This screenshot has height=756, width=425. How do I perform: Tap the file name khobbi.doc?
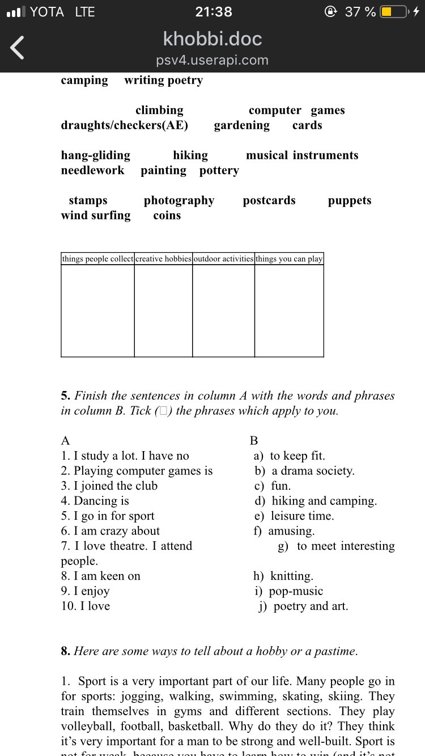[x=212, y=39]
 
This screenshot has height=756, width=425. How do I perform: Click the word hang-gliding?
[x=95, y=155]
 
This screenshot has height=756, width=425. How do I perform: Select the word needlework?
[x=92, y=170]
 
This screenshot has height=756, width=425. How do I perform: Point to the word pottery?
[x=219, y=170]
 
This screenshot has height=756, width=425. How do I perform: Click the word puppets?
[x=350, y=200]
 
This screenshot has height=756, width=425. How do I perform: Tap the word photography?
[x=179, y=200]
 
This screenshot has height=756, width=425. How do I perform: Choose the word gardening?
[x=242, y=125]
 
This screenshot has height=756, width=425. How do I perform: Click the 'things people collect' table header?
[x=97, y=259]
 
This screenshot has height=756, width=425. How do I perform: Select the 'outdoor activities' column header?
[x=223, y=259]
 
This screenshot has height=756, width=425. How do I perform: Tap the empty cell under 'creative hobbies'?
[x=163, y=311]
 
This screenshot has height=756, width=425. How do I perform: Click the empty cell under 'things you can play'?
[x=289, y=311]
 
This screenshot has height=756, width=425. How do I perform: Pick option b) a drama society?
[x=305, y=471]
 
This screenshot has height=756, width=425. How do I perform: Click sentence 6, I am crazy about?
[x=110, y=531]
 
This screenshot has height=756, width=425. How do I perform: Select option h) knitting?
[x=283, y=576]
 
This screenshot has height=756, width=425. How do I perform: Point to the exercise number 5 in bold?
[x=65, y=396]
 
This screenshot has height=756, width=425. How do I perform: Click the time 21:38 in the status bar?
[x=213, y=11]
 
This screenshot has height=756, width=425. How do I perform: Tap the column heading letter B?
[x=254, y=440]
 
